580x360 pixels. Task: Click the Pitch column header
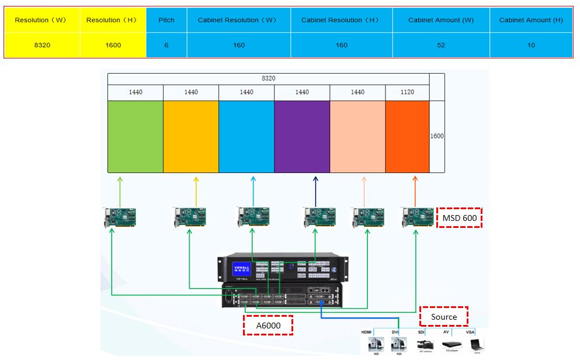tap(166, 20)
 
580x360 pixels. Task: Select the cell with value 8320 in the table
tap(42, 45)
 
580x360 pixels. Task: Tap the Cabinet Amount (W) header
tap(441, 20)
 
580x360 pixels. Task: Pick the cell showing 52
tap(441, 45)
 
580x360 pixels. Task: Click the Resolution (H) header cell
tap(113, 20)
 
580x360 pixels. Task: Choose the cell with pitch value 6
tap(166, 45)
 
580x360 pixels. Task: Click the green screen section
tap(136, 136)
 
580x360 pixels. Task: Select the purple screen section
tap(302, 136)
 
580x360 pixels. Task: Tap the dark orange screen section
tap(407, 136)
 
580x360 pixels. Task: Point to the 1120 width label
tap(407, 92)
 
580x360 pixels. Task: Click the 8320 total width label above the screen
tap(268, 78)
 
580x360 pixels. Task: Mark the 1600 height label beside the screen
tap(437, 136)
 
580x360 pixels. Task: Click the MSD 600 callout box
tap(459, 217)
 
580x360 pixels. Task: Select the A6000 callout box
tap(268, 325)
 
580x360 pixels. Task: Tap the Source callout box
tap(444, 317)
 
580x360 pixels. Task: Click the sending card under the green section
tap(120, 217)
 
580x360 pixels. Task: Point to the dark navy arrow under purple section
tap(315, 190)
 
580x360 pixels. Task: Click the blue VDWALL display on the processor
tap(241, 268)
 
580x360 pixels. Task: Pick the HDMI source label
tap(367, 332)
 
